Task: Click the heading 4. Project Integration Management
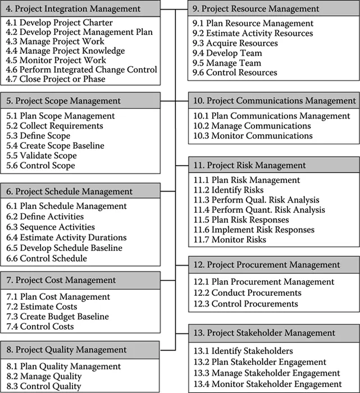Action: click(73, 8)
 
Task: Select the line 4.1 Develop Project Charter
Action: click(59, 23)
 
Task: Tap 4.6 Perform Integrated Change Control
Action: click(81, 70)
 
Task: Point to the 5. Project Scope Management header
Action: click(63, 100)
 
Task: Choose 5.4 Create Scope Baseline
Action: click(55, 146)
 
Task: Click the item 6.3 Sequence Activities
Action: click(51, 227)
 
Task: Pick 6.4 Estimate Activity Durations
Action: click(66, 237)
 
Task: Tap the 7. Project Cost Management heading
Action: click(61, 280)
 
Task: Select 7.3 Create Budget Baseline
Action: click(57, 317)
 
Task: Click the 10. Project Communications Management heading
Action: click(274, 100)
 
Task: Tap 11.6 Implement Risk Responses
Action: click(253, 230)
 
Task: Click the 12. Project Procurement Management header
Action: click(274, 264)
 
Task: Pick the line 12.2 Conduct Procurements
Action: click(247, 293)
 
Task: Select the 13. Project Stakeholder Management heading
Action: click(272, 333)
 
